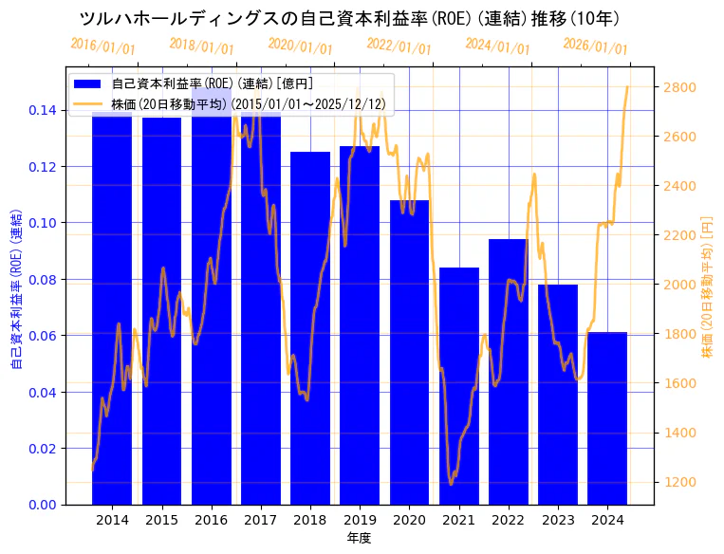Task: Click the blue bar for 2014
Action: [x=112, y=313]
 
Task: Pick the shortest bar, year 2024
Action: [x=607, y=417]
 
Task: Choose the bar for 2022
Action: [x=509, y=370]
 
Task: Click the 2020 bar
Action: [x=409, y=351]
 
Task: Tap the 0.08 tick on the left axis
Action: [x=42, y=280]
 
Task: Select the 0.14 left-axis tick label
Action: [x=42, y=111]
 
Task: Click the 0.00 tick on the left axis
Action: [x=42, y=505]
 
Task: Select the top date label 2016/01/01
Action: [x=102, y=46]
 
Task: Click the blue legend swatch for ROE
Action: [x=90, y=84]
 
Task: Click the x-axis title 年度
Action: [x=359, y=538]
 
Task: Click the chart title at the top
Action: [x=349, y=19]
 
